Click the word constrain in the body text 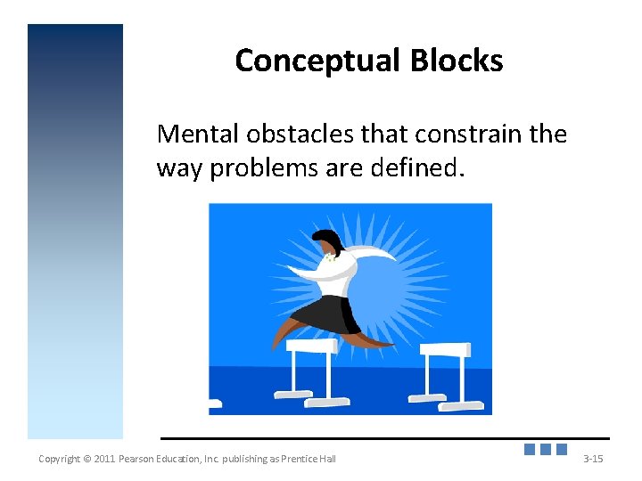tap(459, 135)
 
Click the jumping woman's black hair tap(328, 240)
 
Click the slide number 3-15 tap(593, 459)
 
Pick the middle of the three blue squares tap(546, 450)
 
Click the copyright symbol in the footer tap(87, 459)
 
